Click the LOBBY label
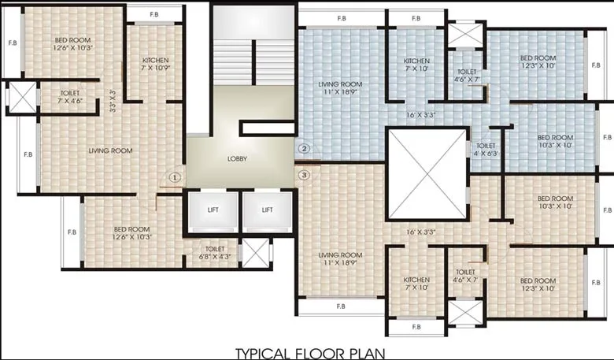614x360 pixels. coord(237,158)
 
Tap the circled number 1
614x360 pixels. coord(176,177)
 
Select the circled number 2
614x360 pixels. coord(305,147)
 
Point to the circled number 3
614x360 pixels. coord(305,175)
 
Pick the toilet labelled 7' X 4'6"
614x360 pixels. coord(69,96)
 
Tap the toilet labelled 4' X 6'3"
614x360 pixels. coord(485,149)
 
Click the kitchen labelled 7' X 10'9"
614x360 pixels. coord(156,64)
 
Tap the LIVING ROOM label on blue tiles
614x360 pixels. coord(339,87)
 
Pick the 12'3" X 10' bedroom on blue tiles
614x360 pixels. coord(538,62)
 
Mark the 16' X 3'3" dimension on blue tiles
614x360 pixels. coord(421,115)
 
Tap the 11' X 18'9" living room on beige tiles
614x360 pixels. coord(340,259)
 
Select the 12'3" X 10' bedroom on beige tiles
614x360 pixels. coord(538,284)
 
